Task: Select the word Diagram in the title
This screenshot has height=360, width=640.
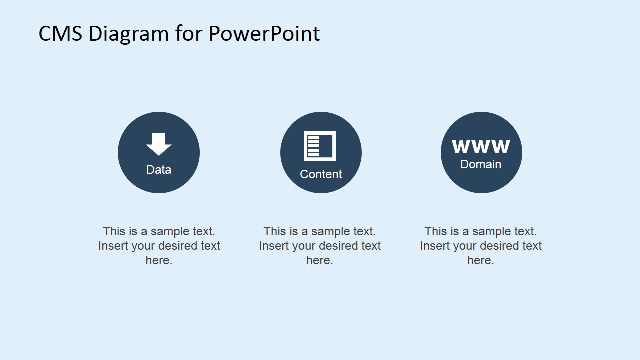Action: pyautogui.click(x=129, y=34)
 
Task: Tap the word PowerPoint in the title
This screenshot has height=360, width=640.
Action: pyautogui.click(x=264, y=34)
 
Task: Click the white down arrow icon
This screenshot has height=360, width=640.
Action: pyautogui.click(x=159, y=144)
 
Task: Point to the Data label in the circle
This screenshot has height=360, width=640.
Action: pyautogui.click(x=159, y=170)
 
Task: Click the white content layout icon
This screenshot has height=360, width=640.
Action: pyautogui.click(x=320, y=146)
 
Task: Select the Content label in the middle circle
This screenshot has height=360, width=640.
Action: pyautogui.click(x=321, y=174)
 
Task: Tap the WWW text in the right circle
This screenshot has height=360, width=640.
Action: pyautogui.click(x=481, y=147)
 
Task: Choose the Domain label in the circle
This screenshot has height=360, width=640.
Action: pyautogui.click(x=481, y=164)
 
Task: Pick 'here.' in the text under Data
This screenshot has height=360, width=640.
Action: pyautogui.click(x=159, y=260)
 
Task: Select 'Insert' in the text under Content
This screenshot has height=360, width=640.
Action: pyautogui.click(x=272, y=246)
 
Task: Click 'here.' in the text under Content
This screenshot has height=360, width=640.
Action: pyautogui.click(x=320, y=260)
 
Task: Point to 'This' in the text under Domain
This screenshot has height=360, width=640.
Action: pyautogui.click(x=435, y=231)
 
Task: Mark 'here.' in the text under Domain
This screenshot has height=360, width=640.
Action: pyautogui.click(x=481, y=260)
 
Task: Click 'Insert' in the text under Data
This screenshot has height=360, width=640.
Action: pyautogui.click(x=112, y=246)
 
